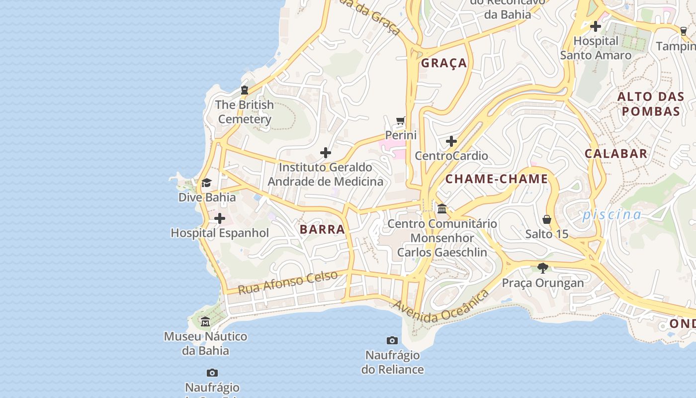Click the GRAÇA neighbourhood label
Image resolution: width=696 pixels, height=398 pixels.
444,63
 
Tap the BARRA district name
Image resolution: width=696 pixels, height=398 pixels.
322,229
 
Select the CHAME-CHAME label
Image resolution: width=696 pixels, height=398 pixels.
496,179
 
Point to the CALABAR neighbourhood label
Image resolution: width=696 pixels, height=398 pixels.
616,154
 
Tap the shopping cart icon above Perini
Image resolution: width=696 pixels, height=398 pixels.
401,121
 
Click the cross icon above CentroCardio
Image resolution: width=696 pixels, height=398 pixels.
451,142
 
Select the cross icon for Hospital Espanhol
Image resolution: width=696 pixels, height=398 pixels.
219,218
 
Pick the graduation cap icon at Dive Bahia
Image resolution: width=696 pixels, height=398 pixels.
206,183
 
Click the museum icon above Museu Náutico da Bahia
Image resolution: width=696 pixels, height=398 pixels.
205,322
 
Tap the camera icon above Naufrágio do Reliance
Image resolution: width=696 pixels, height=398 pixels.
392,341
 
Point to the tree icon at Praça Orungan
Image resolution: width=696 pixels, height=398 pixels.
543,268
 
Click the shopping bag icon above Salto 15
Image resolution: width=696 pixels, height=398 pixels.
547,219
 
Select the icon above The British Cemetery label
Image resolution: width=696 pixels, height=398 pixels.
244,90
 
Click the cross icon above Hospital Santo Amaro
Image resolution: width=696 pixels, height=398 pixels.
596,26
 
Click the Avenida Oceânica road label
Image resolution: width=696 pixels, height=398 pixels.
440,306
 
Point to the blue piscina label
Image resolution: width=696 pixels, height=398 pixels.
612,214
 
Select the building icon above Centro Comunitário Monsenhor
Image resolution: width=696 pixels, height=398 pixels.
442,208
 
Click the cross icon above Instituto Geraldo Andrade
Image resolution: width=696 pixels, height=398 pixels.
326,153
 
